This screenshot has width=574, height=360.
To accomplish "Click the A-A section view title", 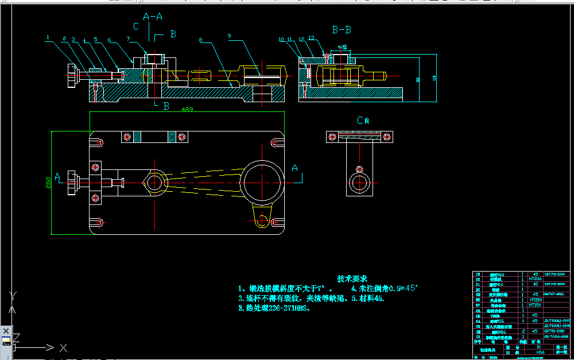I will pos(153,17).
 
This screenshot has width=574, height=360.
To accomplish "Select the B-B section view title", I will pos(342,29).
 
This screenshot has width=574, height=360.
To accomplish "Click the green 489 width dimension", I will pos(187,109).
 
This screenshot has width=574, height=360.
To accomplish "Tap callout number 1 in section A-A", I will pos(48,37).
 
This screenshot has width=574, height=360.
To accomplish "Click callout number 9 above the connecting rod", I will pos(229,36).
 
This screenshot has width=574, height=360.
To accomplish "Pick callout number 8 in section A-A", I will pos(200,40).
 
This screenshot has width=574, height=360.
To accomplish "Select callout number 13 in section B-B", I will pos(312,38).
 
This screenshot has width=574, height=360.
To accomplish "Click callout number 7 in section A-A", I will pos(129,39).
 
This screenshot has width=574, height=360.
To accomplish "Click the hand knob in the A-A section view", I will pos(72,77).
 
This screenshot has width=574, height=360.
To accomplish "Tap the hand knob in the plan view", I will pos(72,183).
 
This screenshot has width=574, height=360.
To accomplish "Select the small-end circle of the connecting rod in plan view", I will pos(154,183).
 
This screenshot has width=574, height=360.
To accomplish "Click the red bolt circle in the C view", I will pos(360,169).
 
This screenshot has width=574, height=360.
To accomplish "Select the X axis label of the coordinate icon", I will pos(63,347).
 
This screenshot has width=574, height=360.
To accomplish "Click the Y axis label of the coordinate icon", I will pos(13,295).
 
